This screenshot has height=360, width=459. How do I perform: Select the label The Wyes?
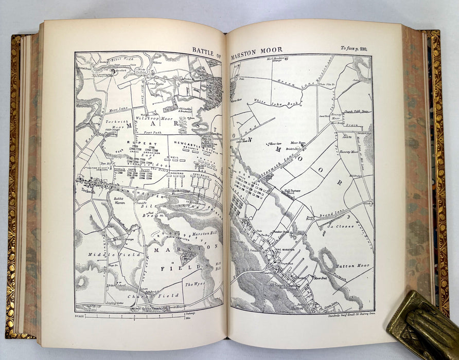(x=195, y=284)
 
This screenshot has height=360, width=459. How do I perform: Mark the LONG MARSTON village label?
(x=285, y=250)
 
